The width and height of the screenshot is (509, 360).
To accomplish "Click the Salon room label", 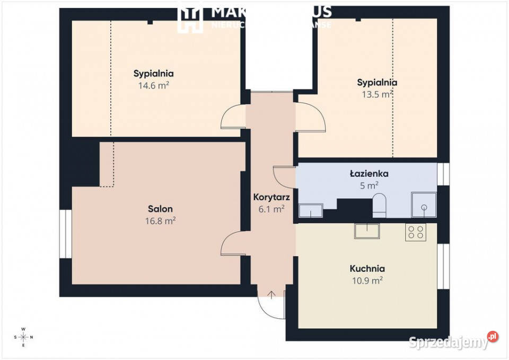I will pos(160,209).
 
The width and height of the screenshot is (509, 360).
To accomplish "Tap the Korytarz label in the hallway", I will pos(271,197).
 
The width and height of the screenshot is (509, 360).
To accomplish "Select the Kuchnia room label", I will pos(367,269).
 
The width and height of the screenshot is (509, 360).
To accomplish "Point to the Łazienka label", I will pos(369,173).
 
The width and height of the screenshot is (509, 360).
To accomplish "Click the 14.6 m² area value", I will pos(154,85).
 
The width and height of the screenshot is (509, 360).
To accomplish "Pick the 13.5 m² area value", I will pos(377,94).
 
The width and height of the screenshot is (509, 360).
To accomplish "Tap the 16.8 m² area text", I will pos(160,221).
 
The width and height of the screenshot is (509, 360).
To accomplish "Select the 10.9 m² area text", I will pos(367,280).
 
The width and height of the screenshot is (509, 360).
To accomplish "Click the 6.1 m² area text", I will pos(271,208).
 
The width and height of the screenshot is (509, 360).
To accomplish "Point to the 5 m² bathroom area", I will pos(369,185).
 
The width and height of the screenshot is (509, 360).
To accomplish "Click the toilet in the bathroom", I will pos(380,206).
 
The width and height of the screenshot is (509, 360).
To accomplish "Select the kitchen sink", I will pos(367,231).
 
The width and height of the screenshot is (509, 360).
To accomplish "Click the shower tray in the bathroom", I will pos(424,205).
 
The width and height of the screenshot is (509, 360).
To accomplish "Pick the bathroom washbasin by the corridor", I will pos(311,210).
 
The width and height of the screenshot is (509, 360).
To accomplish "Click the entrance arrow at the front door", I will pos(272,295).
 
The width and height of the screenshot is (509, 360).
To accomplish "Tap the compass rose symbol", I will pos(23,337).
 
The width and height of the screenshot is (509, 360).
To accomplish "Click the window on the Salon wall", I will pos(65,234).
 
